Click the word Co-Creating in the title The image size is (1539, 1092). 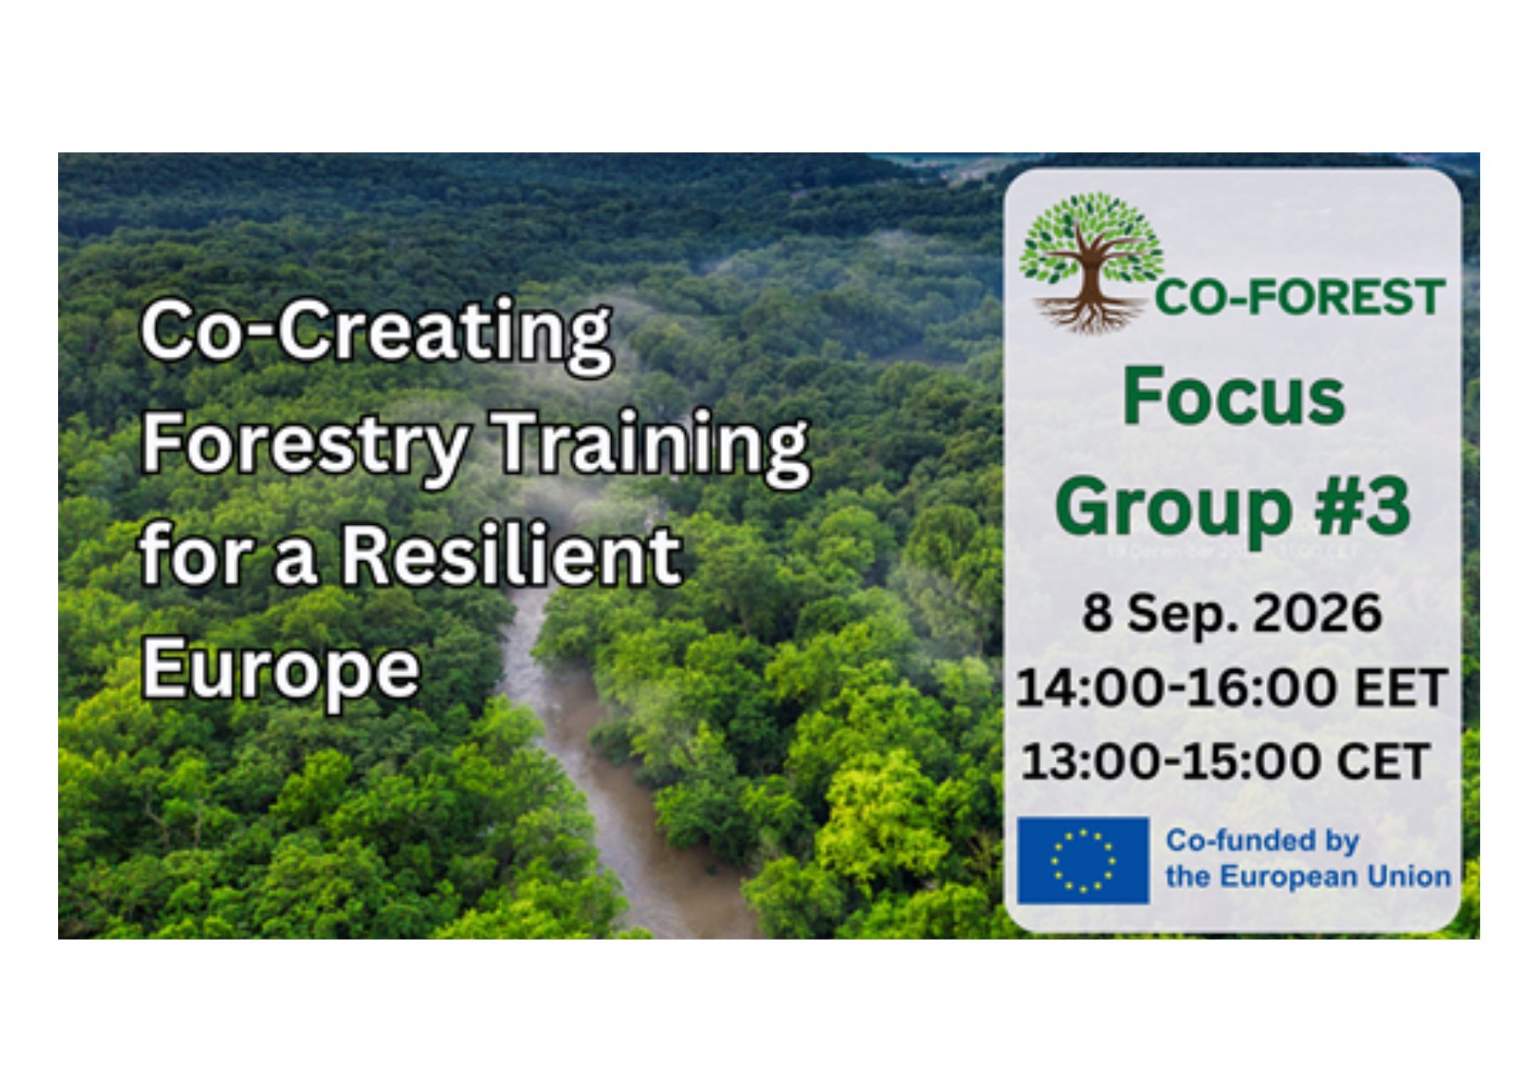tap(376, 334)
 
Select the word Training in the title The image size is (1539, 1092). tap(651, 445)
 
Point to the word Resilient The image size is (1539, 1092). tap(512, 555)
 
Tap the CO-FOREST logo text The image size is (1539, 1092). tap(1300, 297)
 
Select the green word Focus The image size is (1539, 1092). tap(1233, 396)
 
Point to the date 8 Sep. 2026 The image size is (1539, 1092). tap(1232, 613)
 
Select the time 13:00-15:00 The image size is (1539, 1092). tap(1170, 762)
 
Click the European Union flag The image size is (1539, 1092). tap(1083, 860)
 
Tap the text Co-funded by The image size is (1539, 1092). tap(1263, 841)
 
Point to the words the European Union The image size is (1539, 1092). tap(1308, 877)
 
